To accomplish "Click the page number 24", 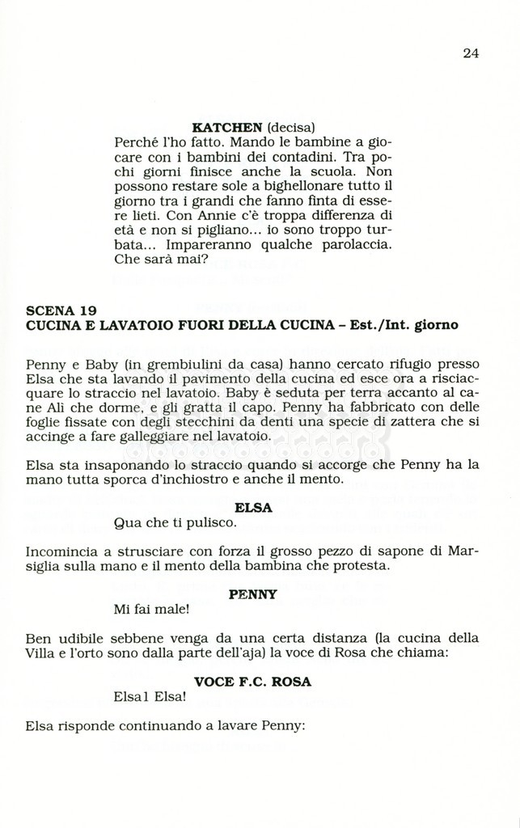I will click(471, 53).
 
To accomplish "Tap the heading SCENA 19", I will click(61, 310).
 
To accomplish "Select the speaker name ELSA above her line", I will click(252, 508).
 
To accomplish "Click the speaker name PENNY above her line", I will click(252, 594).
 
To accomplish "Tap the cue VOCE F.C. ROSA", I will click(252, 682).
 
